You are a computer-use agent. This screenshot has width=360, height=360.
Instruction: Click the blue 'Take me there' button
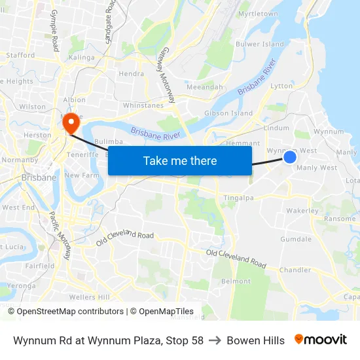180,160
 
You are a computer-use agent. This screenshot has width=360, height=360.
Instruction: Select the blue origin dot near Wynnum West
290,157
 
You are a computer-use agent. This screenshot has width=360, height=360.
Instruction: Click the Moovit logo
321,340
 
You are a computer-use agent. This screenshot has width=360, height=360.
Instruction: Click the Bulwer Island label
260,45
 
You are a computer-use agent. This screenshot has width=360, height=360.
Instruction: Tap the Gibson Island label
228,113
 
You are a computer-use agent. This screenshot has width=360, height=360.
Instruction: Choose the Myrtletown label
258,14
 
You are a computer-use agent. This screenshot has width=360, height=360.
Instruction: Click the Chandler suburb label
295,270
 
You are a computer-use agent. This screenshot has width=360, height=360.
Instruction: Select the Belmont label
236,281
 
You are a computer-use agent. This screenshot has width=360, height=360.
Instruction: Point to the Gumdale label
296,240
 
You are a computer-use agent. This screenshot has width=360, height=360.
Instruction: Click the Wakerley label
302,211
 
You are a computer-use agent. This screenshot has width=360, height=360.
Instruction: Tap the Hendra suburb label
131,74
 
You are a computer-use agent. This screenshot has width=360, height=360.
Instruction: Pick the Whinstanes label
143,105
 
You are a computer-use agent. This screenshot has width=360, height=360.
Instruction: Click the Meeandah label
205,87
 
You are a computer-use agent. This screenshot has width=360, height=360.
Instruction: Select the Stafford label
20,56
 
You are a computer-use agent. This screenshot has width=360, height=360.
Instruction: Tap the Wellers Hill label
89,297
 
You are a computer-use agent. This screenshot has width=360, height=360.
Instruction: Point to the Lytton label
281,86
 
